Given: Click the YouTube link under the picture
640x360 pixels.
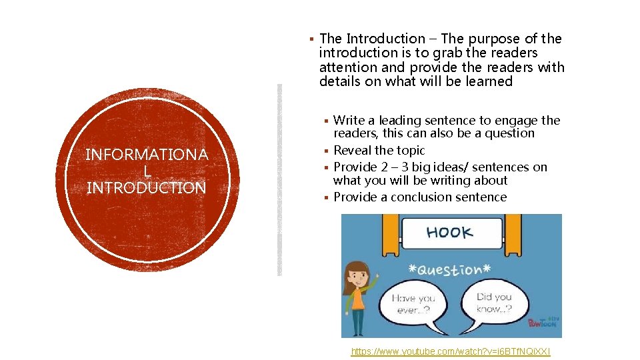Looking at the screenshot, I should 451,351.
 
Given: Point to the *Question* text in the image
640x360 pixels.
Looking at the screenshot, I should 448,270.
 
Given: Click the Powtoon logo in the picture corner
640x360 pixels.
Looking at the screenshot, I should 543,323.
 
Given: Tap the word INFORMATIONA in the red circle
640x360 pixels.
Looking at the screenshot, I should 147,155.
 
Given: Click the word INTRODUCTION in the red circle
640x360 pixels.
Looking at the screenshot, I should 147,188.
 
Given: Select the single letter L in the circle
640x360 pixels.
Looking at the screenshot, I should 147,172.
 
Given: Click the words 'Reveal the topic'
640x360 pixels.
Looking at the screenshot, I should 379,151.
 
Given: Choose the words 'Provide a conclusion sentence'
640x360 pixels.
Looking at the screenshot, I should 420,197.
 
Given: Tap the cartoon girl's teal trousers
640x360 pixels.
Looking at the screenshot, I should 358,323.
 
